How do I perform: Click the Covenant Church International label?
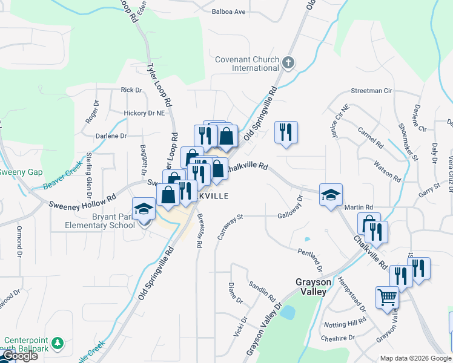[x=247, y=64]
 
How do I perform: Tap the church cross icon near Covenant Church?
[x=288, y=62]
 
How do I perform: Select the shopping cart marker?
[x=387, y=297]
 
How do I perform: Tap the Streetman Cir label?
[x=371, y=91]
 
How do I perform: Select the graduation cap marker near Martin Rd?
[x=331, y=195]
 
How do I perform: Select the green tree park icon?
[x=58, y=344]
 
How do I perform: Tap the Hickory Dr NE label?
[x=144, y=113]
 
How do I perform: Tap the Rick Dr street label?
[x=131, y=90]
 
